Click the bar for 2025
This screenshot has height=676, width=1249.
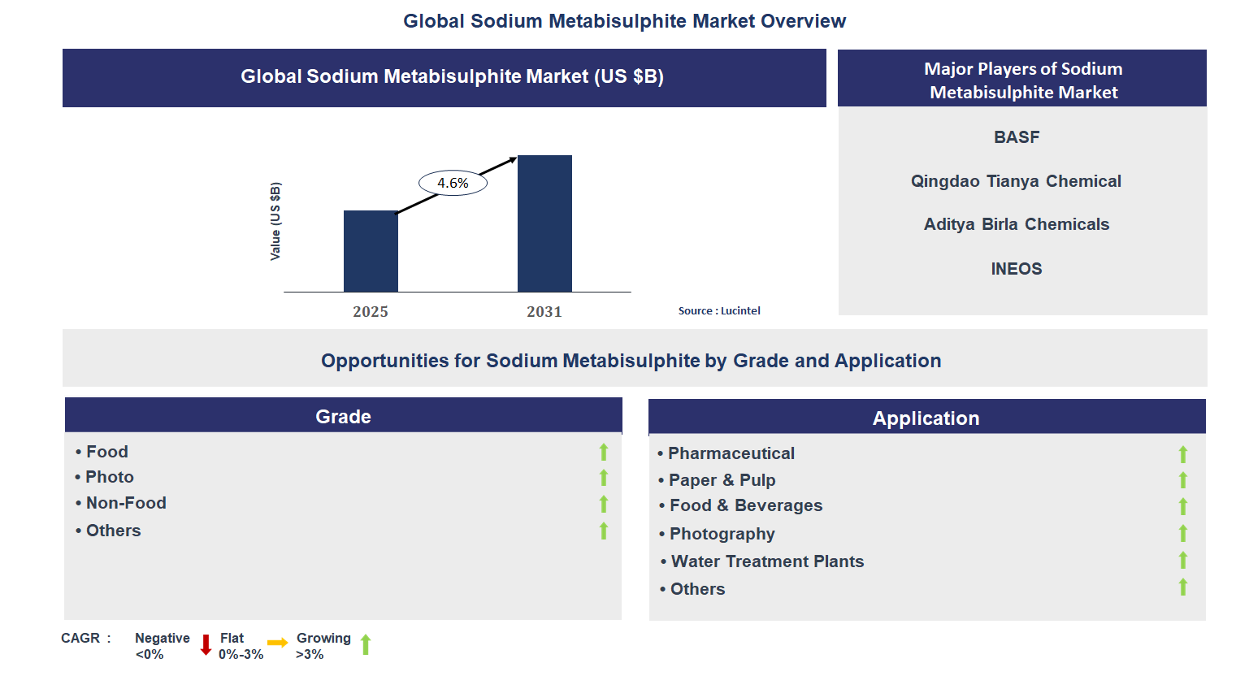click(x=371, y=251)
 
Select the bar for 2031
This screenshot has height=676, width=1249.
click(x=544, y=223)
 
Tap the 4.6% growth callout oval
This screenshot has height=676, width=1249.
click(x=453, y=184)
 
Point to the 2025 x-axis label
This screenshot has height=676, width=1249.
click(x=371, y=312)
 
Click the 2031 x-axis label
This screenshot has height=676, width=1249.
click(x=544, y=312)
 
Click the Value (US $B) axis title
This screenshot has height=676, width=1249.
click(x=275, y=221)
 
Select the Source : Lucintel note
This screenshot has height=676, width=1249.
click(x=719, y=311)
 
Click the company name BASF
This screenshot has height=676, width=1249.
click(x=1017, y=137)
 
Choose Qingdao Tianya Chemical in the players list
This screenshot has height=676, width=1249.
click(x=1016, y=181)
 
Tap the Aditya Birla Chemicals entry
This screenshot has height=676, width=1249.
click(x=1017, y=225)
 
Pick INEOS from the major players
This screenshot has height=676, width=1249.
click(x=1017, y=269)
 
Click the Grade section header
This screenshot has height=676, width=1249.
click(x=343, y=417)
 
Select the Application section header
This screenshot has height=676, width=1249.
click(x=926, y=418)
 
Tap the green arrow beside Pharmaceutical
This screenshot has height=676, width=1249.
click(x=1183, y=454)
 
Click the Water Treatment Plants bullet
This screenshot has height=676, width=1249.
click(x=767, y=561)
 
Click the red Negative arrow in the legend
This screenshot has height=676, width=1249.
click(x=206, y=645)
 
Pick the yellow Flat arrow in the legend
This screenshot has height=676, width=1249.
click(x=277, y=643)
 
